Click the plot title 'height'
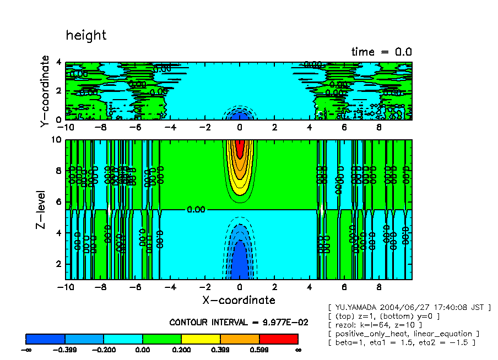pyautogui.click(x=86, y=35)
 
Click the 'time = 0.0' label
pyautogui.click(x=381, y=52)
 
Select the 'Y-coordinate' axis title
pyautogui.click(x=45, y=92)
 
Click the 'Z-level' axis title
pyautogui.click(x=45, y=210)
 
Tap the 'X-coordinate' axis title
pyautogui.click(x=239, y=300)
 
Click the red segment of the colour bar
pyautogui.click(x=278, y=338)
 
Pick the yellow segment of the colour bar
pyautogui.click(x=201, y=338)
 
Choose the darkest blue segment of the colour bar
pyautogui.click(x=45, y=338)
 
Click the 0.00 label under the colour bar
pyautogui.click(x=142, y=350)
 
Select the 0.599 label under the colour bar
pyautogui.click(x=259, y=350)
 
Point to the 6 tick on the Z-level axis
pyautogui.click(x=59, y=202)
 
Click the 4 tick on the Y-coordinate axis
pyautogui.click(x=59, y=63)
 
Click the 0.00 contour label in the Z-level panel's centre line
pyautogui.click(x=196, y=210)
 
